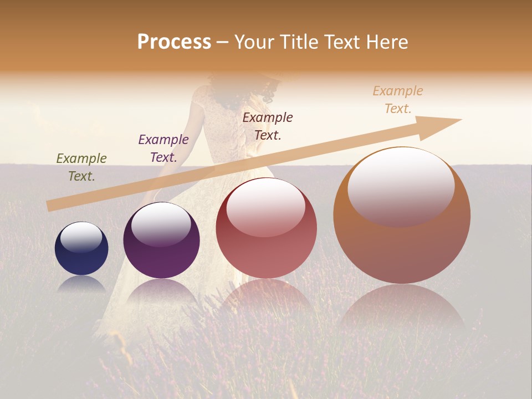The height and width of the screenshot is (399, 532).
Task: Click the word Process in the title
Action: pyautogui.click(x=174, y=42)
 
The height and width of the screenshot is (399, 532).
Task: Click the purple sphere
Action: pyautogui.click(x=161, y=241)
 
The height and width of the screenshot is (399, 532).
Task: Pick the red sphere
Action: pyautogui.click(x=266, y=228)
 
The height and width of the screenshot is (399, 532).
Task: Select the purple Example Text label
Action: pyautogui.click(x=163, y=149)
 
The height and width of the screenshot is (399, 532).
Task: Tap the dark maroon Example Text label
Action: pyautogui.click(x=268, y=126)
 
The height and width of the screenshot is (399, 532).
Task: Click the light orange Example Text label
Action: pyautogui.click(x=398, y=100)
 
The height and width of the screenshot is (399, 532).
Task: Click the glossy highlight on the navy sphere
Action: pyautogui.click(x=81, y=237)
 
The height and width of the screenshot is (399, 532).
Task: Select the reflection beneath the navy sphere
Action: pyautogui.click(x=81, y=284)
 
